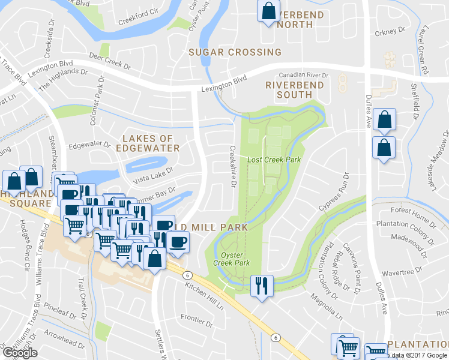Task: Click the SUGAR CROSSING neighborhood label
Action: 235,52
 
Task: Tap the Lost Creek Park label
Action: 274,160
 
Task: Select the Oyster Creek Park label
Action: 231,259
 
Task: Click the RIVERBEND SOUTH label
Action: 294,90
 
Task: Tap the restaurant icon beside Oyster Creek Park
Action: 261,285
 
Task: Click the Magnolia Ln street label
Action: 325,305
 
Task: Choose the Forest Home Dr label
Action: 413,211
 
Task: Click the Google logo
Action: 20,353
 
